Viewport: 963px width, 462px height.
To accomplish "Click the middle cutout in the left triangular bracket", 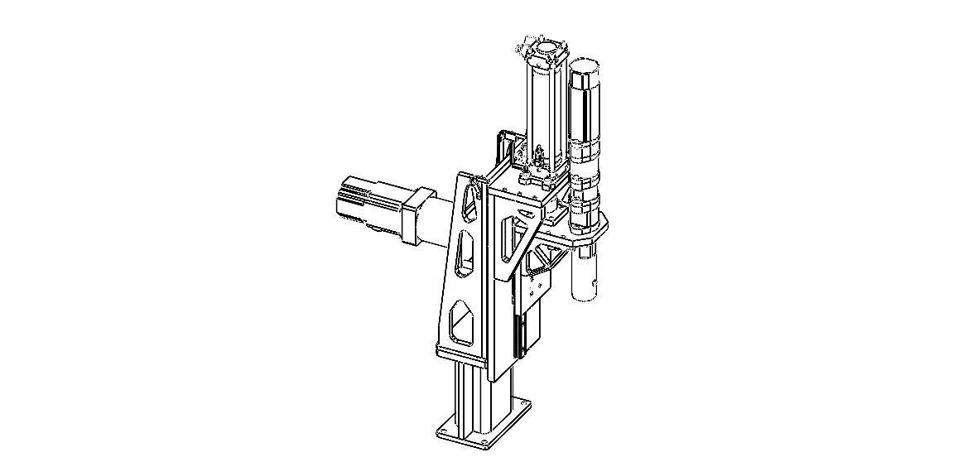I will click(x=465, y=253).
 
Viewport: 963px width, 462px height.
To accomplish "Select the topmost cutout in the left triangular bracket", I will click(x=470, y=200).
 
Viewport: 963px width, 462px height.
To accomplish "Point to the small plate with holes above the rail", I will click(x=531, y=289).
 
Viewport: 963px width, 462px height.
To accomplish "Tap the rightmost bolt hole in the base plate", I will click(x=519, y=404).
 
